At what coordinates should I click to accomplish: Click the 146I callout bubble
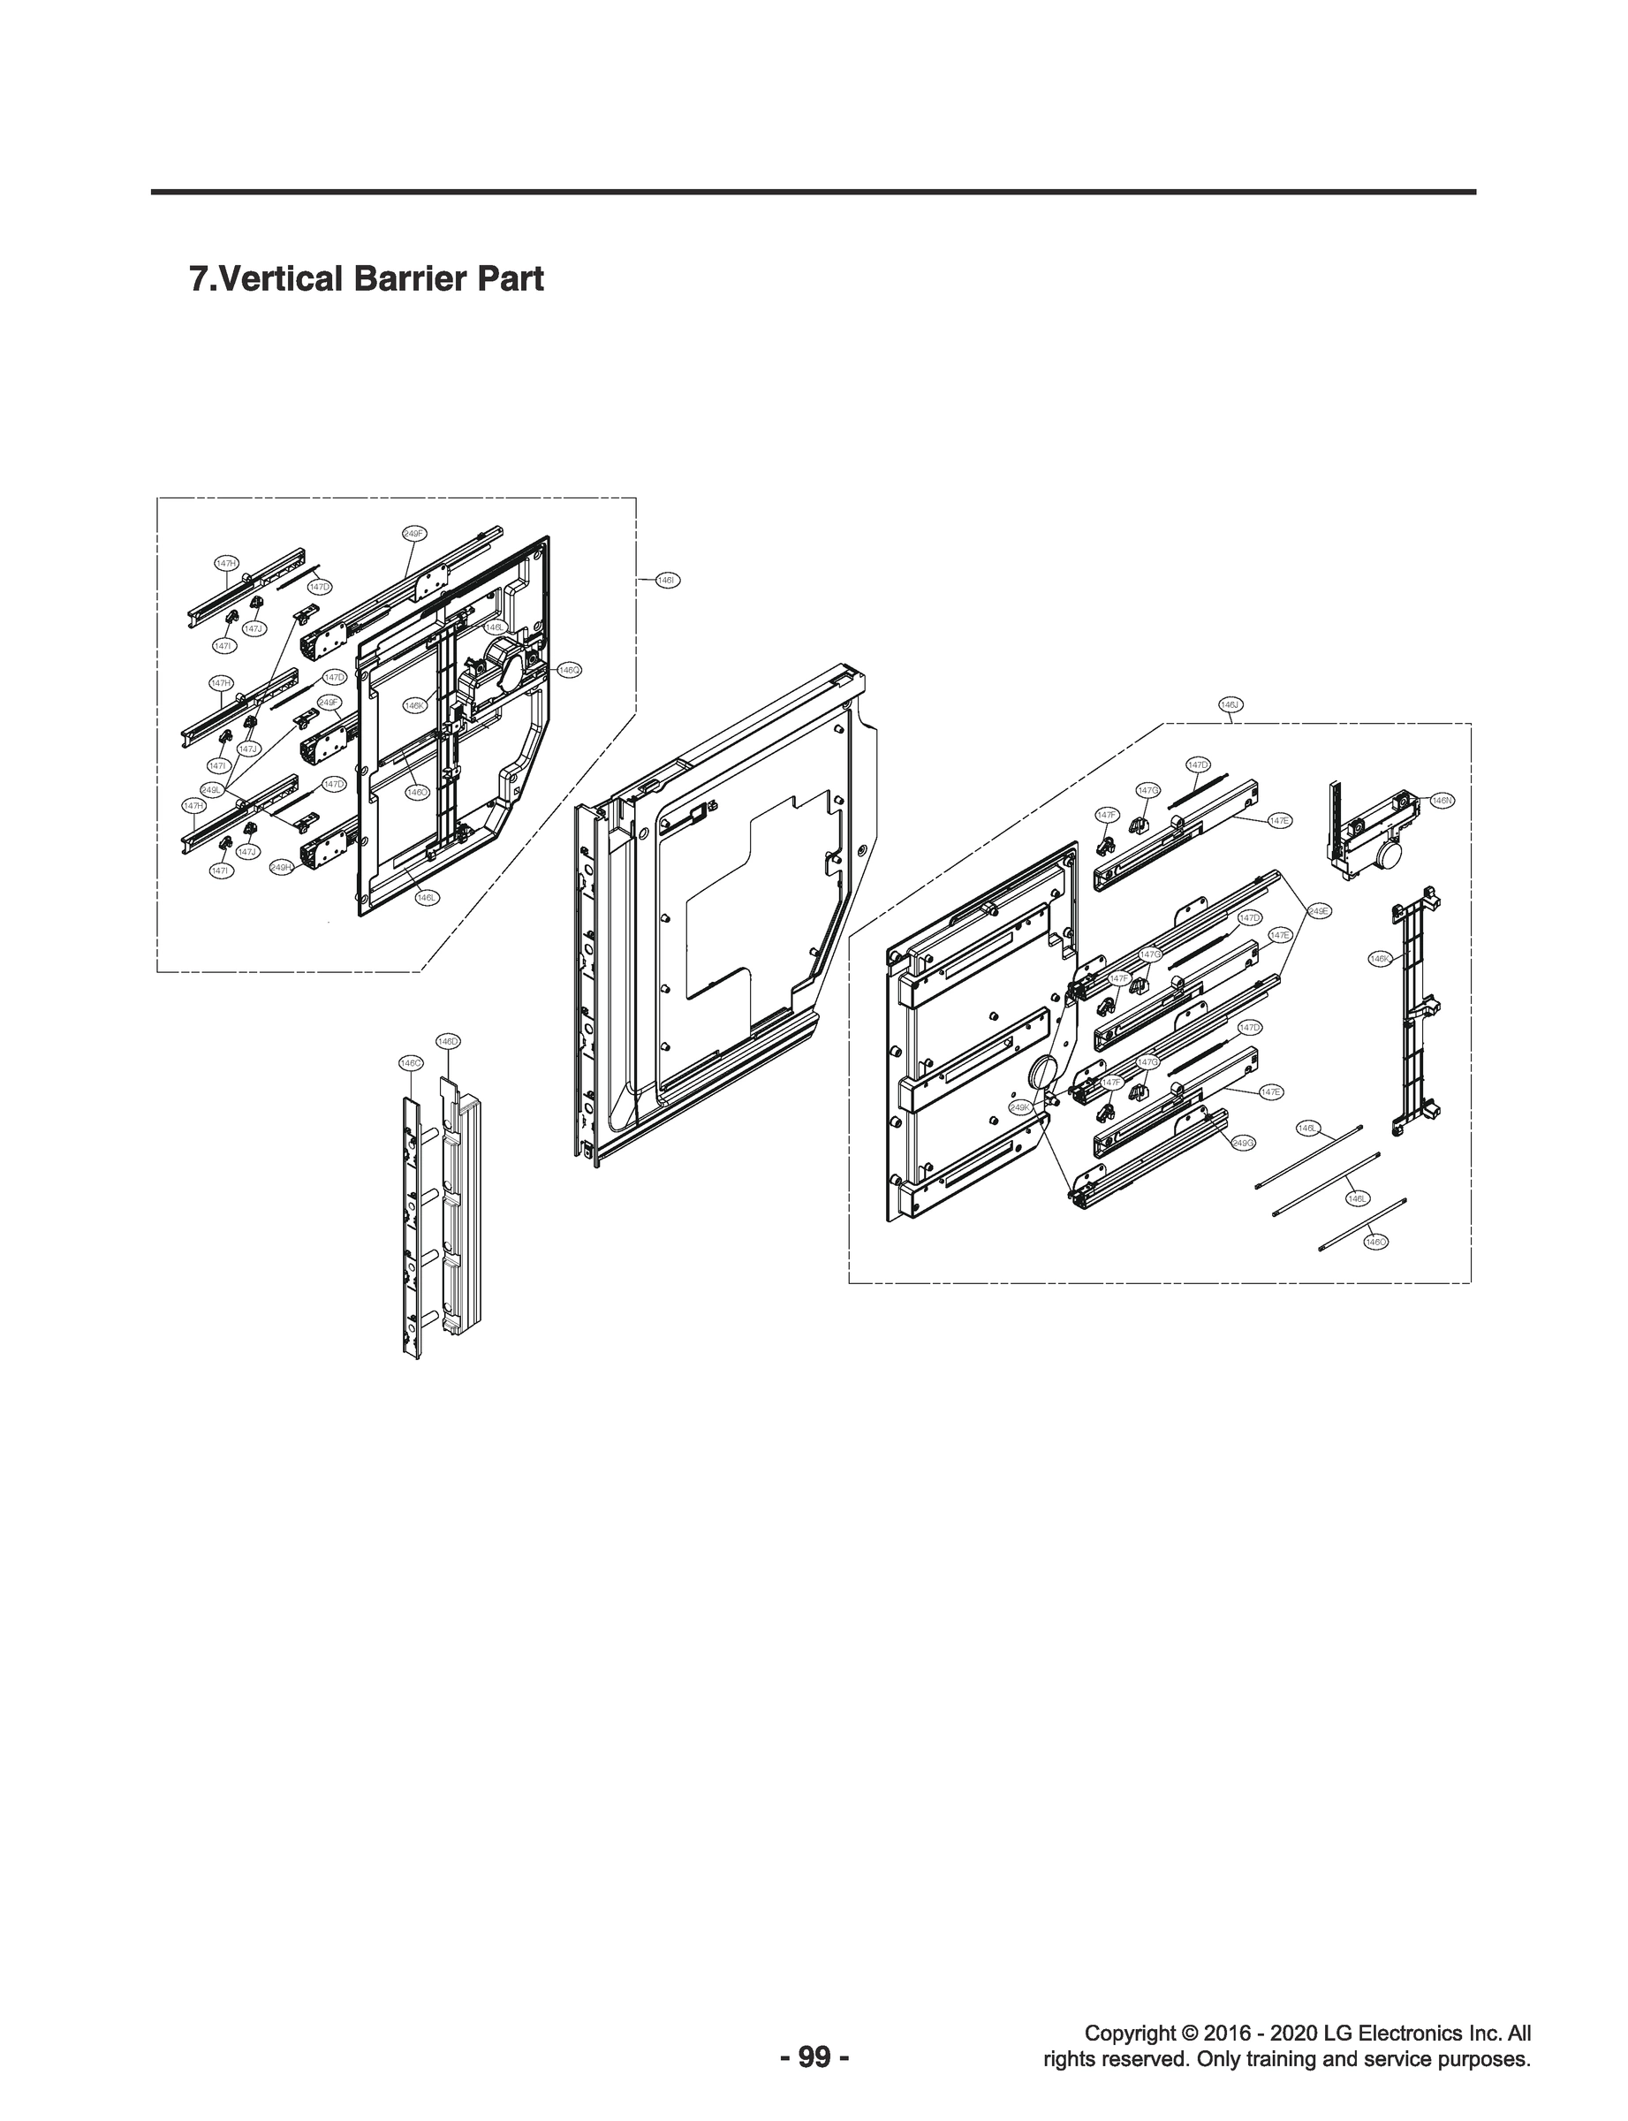(667, 581)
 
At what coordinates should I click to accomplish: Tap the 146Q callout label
(569, 670)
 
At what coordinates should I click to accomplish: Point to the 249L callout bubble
(211, 791)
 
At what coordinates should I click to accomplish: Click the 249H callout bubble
(281, 868)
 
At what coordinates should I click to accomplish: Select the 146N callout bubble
(1442, 801)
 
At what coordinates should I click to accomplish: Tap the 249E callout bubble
(1318, 911)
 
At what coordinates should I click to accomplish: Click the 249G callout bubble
(1243, 1144)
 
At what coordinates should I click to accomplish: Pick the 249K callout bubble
(1020, 1107)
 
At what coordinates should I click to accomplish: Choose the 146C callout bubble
(411, 1063)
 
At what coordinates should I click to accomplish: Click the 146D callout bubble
(448, 1040)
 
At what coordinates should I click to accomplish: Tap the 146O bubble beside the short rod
(1376, 1242)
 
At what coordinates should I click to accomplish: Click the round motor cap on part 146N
(1390, 855)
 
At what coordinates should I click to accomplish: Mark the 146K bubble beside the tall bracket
(1380, 959)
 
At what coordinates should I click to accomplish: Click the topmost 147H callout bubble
(227, 563)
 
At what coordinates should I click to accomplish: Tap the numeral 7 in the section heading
(199, 279)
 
